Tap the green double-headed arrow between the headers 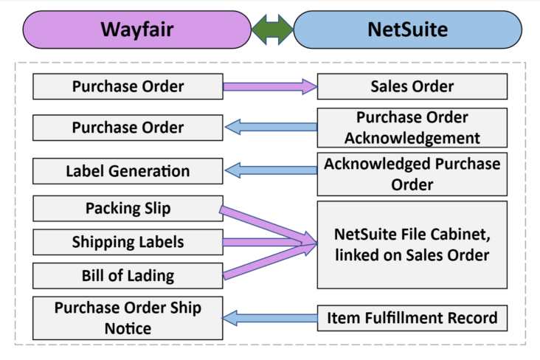click(272, 30)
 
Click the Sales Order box click(412, 86)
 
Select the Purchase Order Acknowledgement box click(412, 128)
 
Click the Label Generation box click(128, 171)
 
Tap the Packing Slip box click(128, 209)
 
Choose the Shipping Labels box click(128, 242)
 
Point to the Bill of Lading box click(128, 276)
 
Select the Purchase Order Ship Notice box click(128, 318)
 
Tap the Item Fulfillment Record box click(412, 318)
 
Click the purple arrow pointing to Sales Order click(269, 87)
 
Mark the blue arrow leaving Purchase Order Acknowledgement click(271, 128)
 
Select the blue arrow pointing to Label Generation click(271, 171)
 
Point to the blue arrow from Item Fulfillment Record click(271, 318)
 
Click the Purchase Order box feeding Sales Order click(128, 86)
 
